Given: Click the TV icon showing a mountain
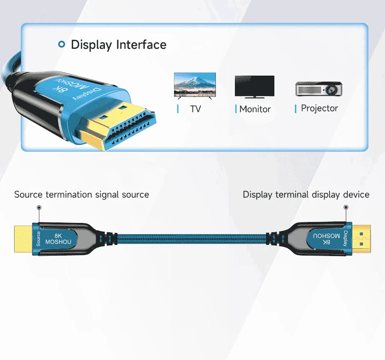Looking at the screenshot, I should [195, 86].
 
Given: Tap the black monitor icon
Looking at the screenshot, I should [254, 86].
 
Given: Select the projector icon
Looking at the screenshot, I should [319, 89].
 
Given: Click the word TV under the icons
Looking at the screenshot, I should [195, 109].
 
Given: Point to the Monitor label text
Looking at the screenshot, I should [255, 109].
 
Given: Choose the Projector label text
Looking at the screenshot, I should [319, 108].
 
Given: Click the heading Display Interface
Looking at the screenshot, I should [118, 45].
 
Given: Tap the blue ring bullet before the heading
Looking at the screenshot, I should [61, 44].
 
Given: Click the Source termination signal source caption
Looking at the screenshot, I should [81, 195].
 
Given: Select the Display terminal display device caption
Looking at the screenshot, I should [306, 195].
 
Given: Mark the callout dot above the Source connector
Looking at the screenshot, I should [39, 207].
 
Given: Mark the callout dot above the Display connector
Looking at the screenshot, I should [346, 207].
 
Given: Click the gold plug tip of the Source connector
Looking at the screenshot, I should [23, 239].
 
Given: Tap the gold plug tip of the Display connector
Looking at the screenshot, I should [361, 239].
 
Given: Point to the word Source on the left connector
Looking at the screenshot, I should [38, 239].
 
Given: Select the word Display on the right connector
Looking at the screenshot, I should [346, 238].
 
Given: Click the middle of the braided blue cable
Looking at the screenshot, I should [192, 239].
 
